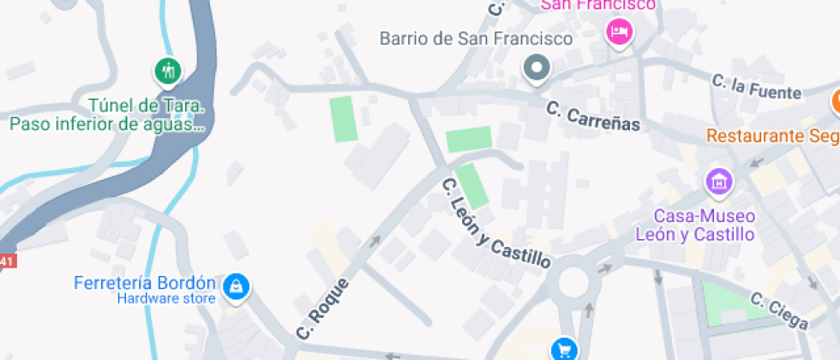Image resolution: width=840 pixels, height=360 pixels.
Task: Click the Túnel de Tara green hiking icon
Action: coord(168,70)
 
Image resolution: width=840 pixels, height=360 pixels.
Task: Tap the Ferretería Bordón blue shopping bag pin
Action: coord(236,286)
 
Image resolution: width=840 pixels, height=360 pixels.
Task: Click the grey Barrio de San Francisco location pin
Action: coord(537,67)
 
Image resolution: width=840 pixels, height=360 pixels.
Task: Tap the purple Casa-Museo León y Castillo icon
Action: coord(718,182)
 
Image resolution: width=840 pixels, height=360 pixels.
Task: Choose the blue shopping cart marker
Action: coord(565,349)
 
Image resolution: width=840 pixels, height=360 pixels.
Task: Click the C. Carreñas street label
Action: coord(594,116)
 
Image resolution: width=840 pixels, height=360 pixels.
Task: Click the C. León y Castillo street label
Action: coord(495,224)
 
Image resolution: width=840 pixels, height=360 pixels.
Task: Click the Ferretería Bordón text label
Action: coord(145,283)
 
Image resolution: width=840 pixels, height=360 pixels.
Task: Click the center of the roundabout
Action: coord(572,282)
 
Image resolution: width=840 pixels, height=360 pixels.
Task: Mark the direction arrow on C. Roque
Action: coord(374,242)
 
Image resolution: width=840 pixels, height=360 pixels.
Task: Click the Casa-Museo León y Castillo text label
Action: coord(694,225)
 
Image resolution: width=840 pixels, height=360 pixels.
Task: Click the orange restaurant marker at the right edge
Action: coord(836,102)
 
